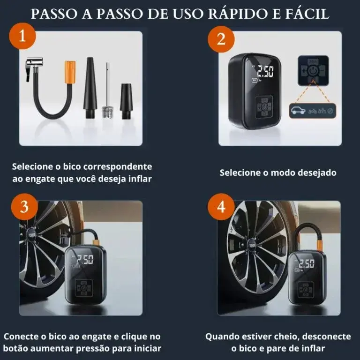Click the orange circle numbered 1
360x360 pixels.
(22, 36)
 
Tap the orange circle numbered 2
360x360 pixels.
(221, 39)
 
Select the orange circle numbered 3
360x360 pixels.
(24, 207)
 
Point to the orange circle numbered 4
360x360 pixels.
(221, 207)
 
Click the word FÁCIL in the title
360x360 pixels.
(307, 13)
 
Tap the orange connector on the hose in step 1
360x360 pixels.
(70, 72)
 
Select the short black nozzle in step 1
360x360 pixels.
(126, 101)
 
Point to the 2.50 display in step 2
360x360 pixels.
(265, 71)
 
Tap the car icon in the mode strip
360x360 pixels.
(298, 111)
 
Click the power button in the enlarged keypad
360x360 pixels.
(313, 71)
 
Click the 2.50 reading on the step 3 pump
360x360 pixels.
(85, 260)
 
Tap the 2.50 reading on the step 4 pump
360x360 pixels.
(307, 263)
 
